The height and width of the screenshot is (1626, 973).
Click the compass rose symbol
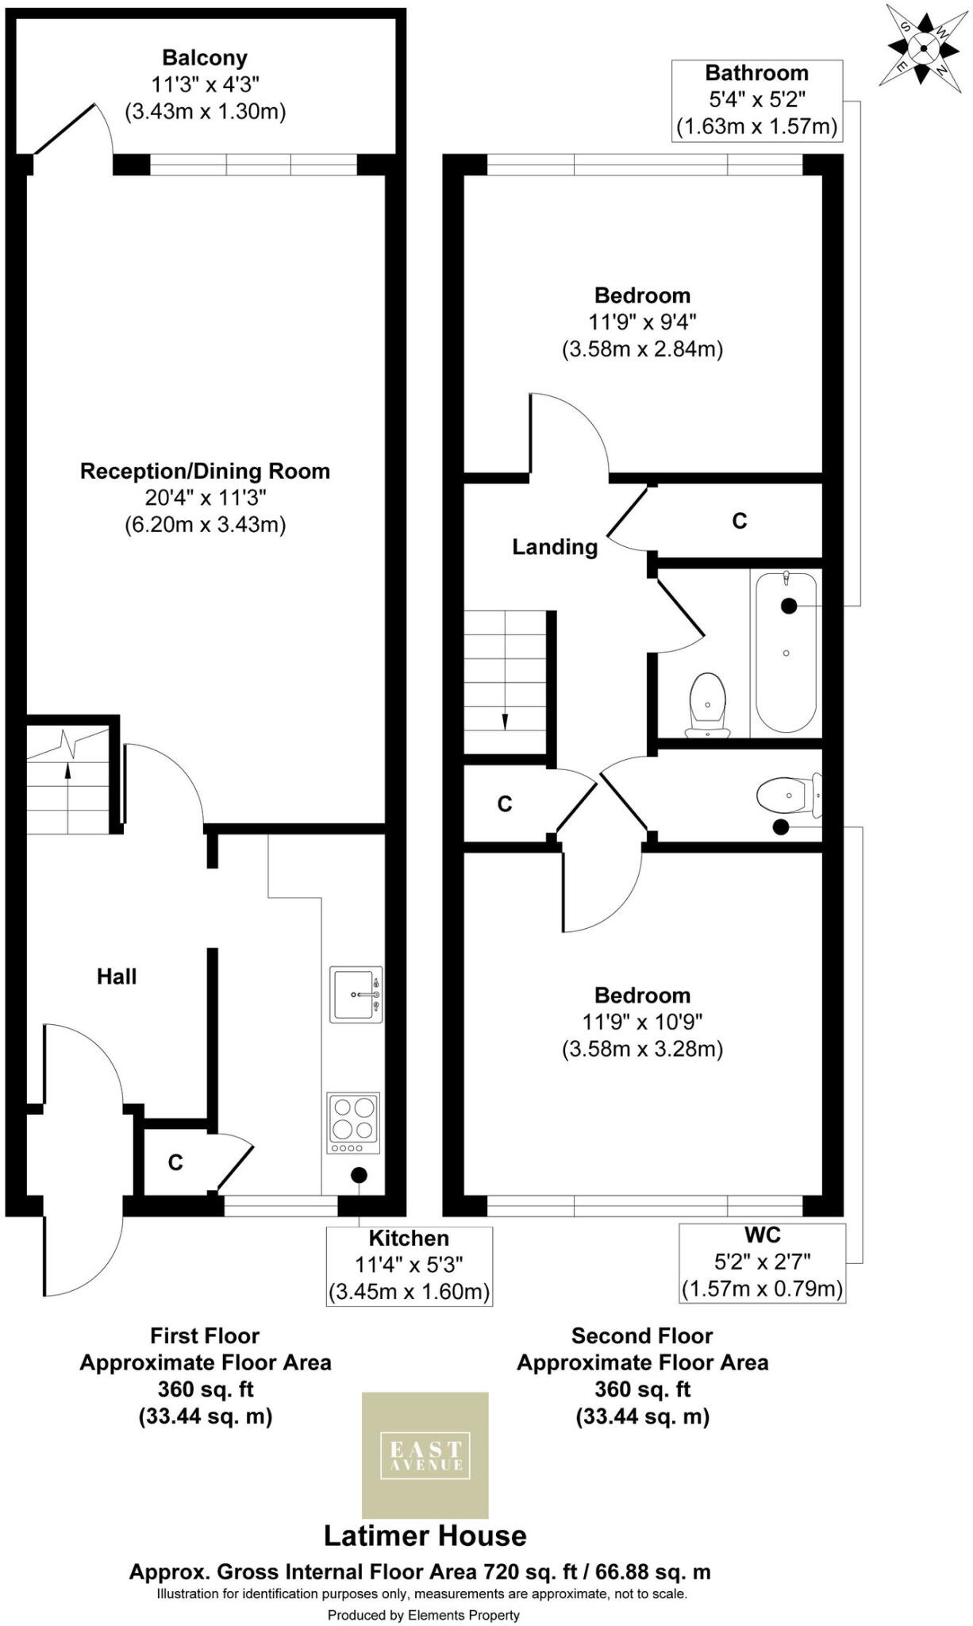[924, 48]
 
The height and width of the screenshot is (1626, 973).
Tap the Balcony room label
[205, 58]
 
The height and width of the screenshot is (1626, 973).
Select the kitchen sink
[356, 994]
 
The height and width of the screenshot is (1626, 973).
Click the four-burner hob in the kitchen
[353, 1123]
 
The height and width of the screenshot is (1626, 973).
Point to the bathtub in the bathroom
[785, 653]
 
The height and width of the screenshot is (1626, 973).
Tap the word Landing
[554, 547]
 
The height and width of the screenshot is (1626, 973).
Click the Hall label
[117, 977]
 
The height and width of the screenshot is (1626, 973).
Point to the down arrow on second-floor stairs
[504, 719]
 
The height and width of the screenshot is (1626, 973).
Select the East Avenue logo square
[425, 1455]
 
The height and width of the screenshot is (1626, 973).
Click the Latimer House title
[425, 1535]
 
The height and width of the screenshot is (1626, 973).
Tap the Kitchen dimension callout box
[410, 1265]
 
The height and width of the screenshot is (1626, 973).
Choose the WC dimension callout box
[762, 1262]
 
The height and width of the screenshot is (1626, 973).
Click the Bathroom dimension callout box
[756, 100]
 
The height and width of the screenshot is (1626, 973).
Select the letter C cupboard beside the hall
[175, 1162]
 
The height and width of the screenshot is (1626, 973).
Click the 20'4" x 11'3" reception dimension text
[205, 498]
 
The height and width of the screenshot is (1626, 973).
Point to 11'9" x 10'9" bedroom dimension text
[642, 1022]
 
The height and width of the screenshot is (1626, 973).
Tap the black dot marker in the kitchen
[359, 1175]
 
